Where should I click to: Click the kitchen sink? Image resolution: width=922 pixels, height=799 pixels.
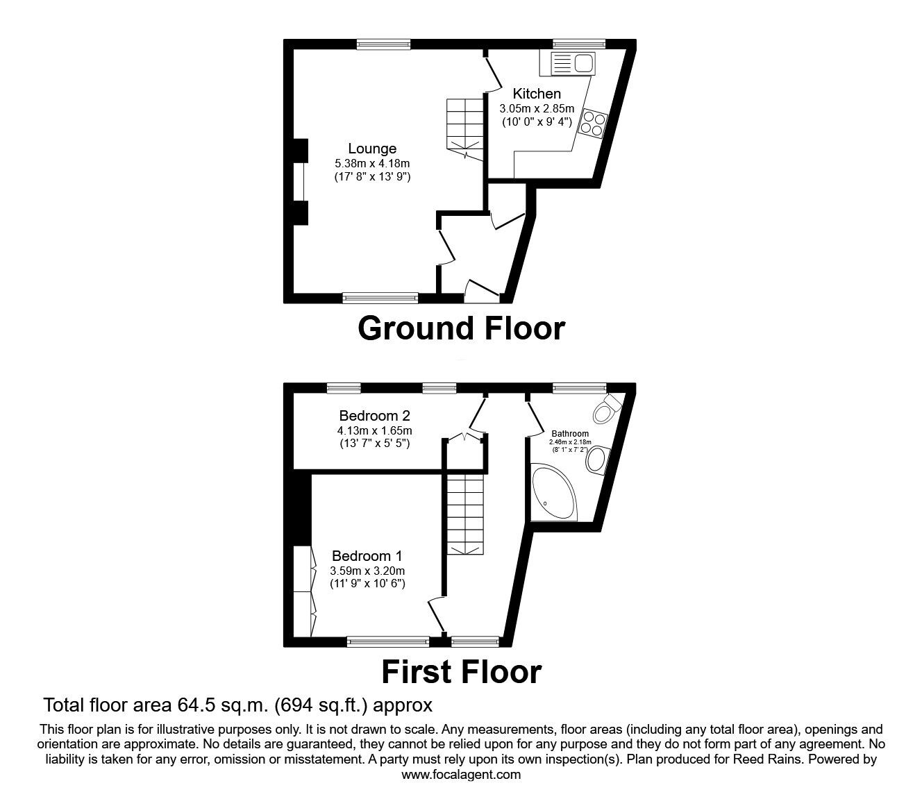pyautogui.click(x=573, y=64)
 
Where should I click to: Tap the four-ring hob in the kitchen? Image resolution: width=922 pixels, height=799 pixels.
pyautogui.click(x=592, y=123)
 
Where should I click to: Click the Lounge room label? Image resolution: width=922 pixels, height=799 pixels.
pyautogui.click(x=372, y=149)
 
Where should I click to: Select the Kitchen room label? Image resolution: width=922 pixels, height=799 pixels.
pyautogui.click(x=537, y=94)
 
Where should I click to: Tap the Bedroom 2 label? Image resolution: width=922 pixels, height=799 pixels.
pyautogui.click(x=374, y=416)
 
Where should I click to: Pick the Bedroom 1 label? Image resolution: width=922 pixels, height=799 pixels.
pyautogui.click(x=367, y=556)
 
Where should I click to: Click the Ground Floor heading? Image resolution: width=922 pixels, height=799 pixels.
pyautogui.click(x=461, y=328)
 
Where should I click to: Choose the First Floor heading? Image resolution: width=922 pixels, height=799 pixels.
pyautogui.click(x=461, y=672)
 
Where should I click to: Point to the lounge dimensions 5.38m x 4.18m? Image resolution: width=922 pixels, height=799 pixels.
pyautogui.click(x=372, y=164)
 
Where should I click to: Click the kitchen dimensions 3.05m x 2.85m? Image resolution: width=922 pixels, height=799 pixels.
pyautogui.click(x=537, y=109)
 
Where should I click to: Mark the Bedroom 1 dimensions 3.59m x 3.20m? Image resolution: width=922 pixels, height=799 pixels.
pyautogui.click(x=367, y=571)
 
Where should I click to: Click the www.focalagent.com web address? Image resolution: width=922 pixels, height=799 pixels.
pyautogui.click(x=461, y=775)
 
